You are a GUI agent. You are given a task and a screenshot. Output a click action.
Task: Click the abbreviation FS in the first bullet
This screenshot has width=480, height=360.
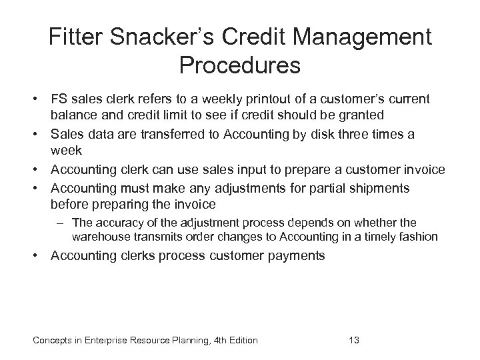pyautogui.click(x=61, y=99)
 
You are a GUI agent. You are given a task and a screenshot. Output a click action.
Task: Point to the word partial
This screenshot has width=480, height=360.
pyautogui.click(x=301, y=188)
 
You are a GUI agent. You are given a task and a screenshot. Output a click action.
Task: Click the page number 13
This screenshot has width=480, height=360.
pyautogui.click(x=354, y=341)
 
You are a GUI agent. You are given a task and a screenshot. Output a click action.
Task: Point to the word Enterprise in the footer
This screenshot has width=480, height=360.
pyautogui.click(x=98, y=341)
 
